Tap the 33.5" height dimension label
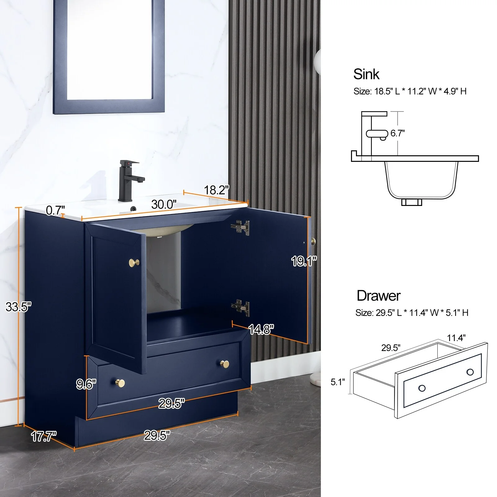[x=19, y=307]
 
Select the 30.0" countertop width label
[x=164, y=204]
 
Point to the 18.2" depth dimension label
[x=217, y=190]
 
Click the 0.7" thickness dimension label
[x=55, y=210]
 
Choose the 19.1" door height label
[x=304, y=261]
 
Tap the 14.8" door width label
[x=261, y=329]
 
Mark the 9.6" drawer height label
[x=86, y=384]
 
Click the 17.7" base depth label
[x=44, y=436]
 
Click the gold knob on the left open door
[x=134, y=262]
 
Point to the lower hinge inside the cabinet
[x=240, y=308]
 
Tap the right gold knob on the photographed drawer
[x=225, y=364]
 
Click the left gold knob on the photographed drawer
[x=120, y=383]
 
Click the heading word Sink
[x=366, y=74]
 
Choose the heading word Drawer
[x=379, y=296]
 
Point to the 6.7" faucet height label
[x=398, y=133]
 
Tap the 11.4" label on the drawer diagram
[x=456, y=338]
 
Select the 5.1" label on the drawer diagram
[x=338, y=382]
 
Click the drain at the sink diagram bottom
[x=412, y=202]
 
